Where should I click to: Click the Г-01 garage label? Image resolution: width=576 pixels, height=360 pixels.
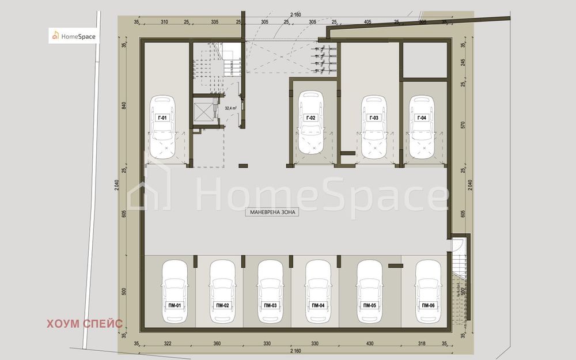coord(162,118)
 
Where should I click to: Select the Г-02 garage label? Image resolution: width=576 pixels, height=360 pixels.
coord(310,118)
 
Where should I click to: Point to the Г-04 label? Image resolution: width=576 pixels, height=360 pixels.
coord(421,118)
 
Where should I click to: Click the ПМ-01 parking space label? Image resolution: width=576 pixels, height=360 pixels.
coord(174,305)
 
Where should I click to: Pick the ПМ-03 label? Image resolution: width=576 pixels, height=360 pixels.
coord(270,305)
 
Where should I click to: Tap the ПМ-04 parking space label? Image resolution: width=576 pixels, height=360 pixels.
coord(317,305)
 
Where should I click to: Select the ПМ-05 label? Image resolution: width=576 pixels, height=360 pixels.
coord(369,305)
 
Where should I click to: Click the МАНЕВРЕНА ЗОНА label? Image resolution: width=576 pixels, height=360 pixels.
coord(274,213)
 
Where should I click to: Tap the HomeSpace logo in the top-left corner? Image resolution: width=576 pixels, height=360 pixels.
coord(74,36)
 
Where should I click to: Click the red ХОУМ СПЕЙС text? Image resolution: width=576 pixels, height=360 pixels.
coord(85,323)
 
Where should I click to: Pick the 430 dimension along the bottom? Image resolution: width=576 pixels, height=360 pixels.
coord(369,343)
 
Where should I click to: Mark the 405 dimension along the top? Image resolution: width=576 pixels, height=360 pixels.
coord(367,22)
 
